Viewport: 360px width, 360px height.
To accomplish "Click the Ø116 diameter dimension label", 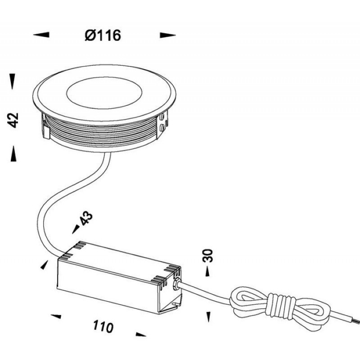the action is point(103,36).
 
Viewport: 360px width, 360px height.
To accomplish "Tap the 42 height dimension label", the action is point(13,120).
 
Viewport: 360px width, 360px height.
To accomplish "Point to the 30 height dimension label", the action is point(208,256).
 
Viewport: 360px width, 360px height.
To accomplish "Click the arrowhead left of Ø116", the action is point(41,35).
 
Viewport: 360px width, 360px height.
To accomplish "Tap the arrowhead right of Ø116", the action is point(168,35).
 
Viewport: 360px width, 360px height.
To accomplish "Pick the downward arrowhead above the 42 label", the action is point(12,81).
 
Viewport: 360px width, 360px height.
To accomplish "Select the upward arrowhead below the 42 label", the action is point(14,153).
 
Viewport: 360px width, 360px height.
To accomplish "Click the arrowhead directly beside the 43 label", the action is point(76,229).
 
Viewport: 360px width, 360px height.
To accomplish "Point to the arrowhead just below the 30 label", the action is point(207,271).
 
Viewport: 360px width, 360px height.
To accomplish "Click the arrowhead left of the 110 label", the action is point(56,316).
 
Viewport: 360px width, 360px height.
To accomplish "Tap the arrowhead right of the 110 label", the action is point(141,334).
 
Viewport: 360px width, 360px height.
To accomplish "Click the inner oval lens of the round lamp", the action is point(104,93).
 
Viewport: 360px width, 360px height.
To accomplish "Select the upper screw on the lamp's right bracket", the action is point(162,117).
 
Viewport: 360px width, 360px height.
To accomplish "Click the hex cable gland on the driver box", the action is point(176,284).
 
